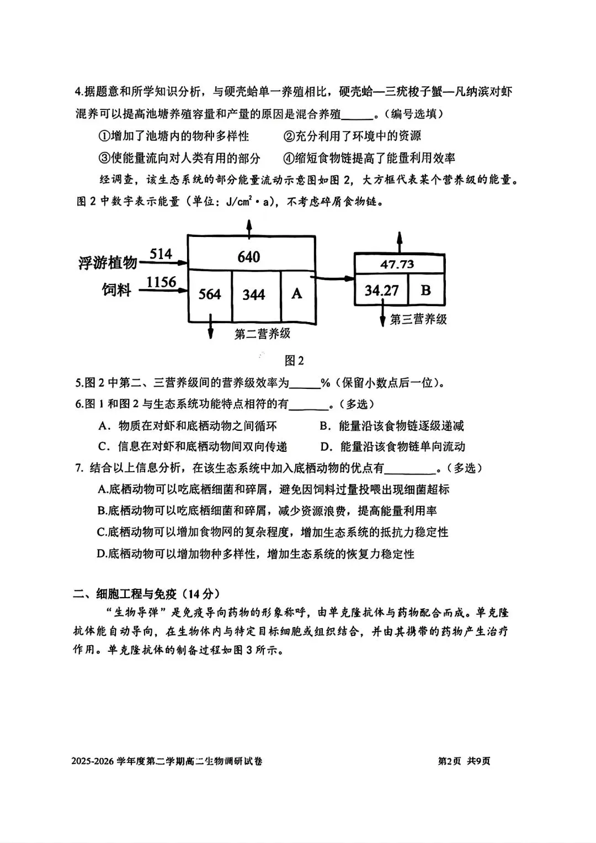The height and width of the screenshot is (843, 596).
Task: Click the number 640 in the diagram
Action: coord(249,257)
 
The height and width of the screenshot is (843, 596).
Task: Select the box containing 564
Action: coord(210,294)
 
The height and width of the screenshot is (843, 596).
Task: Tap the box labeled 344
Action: coord(254,294)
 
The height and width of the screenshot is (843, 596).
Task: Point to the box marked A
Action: coord(297,293)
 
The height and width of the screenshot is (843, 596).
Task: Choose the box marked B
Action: coord(425,289)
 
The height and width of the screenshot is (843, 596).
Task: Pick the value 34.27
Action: coord(381,290)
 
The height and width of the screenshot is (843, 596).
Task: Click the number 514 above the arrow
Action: coord(161,254)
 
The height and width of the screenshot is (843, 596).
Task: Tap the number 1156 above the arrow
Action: coord(161,282)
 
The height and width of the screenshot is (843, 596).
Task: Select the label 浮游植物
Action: coord(108,262)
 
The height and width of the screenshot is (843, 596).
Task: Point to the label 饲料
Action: coord(116,289)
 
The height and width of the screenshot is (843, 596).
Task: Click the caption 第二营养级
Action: coord(262,334)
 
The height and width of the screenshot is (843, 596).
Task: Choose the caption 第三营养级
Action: coord(418,319)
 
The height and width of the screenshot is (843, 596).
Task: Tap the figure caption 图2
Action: coord(294,361)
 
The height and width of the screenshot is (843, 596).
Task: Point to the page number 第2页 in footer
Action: coord(449,761)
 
